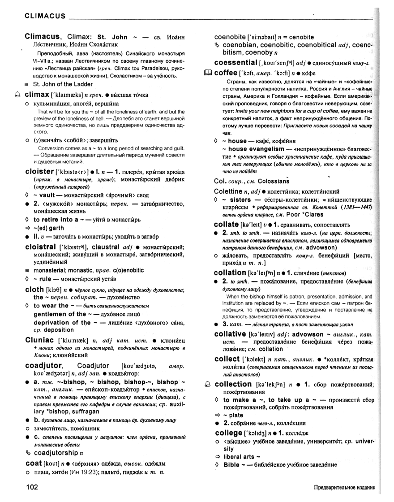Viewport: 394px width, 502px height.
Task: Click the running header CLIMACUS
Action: coord(39,17)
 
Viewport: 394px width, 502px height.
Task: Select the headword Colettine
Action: coord(231,191)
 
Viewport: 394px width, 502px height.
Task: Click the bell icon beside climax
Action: coord(17,95)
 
